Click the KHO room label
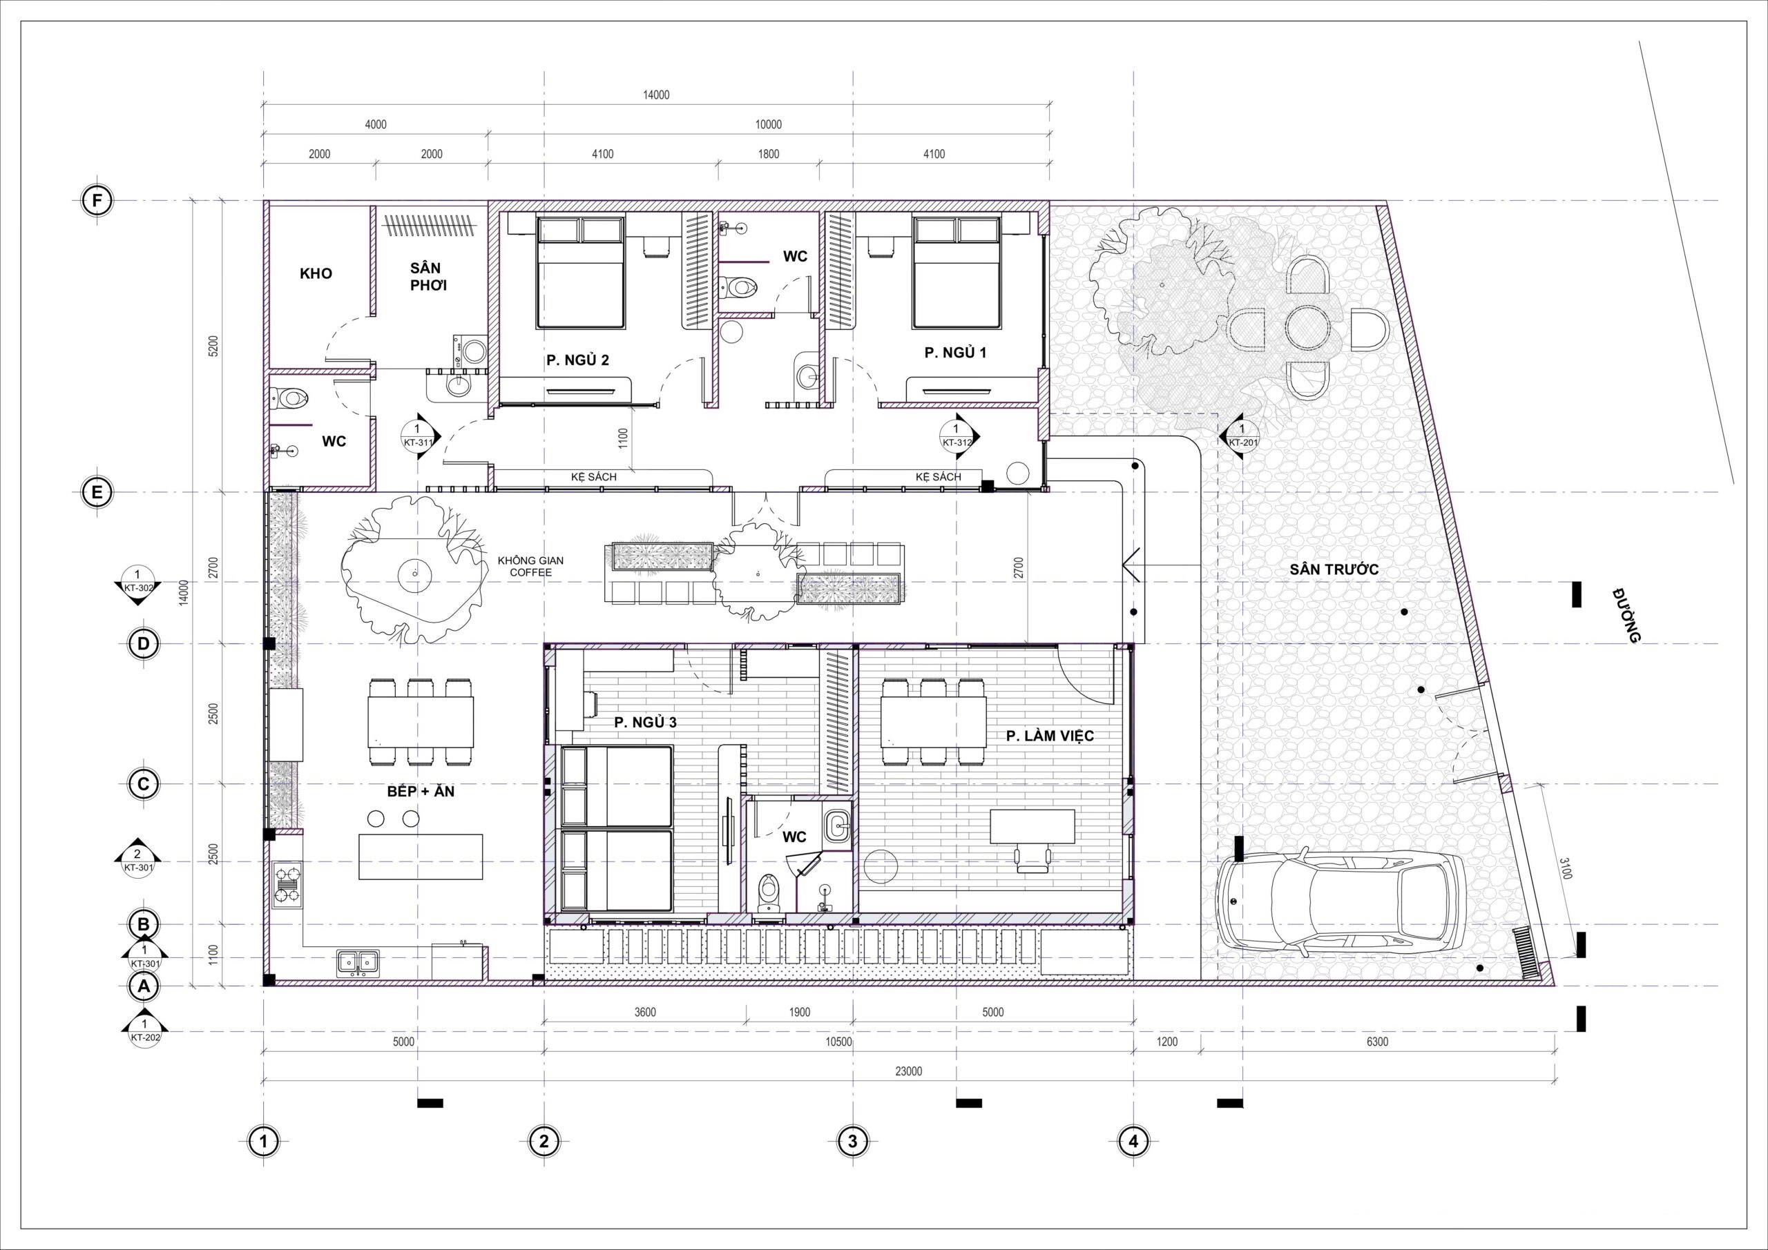pyautogui.click(x=316, y=273)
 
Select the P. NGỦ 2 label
pyautogui.click(x=578, y=360)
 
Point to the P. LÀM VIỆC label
pyautogui.click(x=1050, y=736)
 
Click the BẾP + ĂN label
pyautogui.click(x=421, y=790)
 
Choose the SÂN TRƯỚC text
pyautogui.click(x=1334, y=570)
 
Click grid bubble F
pyautogui.click(x=97, y=201)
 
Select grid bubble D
pyautogui.click(x=143, y=644)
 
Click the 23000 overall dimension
pyautogui.click(x=909, y=1071)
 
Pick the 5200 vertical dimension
pyautogui.click(x=214, y=346)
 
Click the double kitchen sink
pyautogui.click(x=358, y=961)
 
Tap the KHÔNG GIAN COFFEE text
pyautogui.click(x=530, y=567)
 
